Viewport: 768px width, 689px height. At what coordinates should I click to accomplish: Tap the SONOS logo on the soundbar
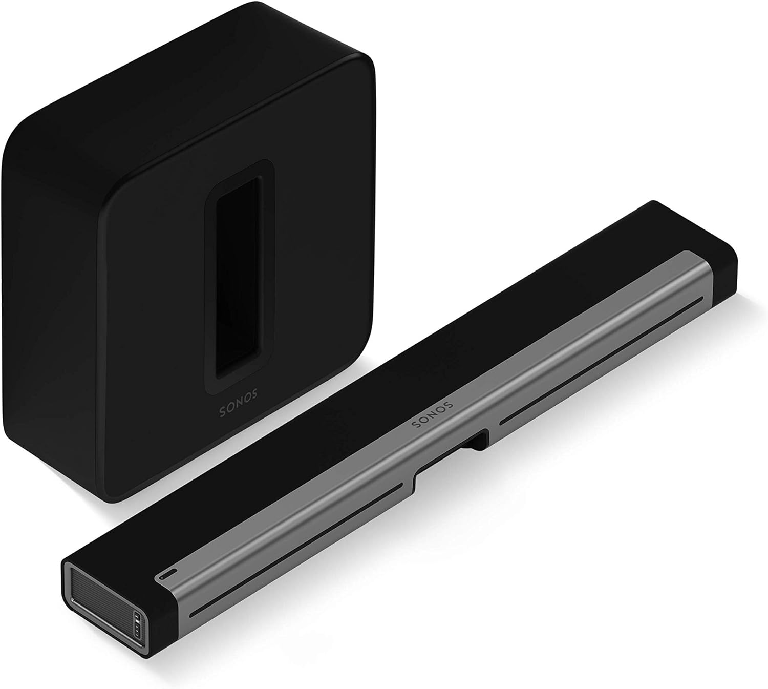coord(432,413)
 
